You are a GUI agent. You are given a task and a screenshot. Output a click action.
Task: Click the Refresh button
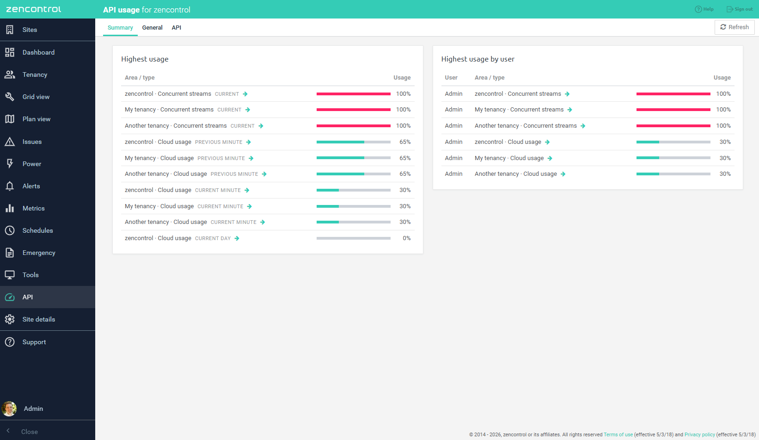734,27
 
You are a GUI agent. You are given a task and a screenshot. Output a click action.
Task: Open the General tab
152,27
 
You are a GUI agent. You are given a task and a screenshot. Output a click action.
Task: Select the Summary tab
120,27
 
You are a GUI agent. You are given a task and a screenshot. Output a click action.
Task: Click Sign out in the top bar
739,9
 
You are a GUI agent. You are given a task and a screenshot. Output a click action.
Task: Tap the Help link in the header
704,9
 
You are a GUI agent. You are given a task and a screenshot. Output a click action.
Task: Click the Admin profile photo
9,409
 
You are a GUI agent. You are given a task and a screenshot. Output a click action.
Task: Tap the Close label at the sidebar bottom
30,432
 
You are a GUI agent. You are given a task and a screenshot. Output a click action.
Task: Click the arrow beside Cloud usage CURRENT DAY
237,238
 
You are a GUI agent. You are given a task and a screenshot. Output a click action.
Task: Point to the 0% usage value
406,238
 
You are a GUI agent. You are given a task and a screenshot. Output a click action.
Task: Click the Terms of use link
618,434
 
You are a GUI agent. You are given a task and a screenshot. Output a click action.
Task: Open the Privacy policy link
699,434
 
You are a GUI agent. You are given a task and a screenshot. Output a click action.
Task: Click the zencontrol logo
34,9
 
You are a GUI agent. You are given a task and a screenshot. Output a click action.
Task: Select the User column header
451,78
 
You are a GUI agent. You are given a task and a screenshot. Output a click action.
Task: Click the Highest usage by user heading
477,59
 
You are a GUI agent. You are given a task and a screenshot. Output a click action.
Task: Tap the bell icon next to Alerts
10,186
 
